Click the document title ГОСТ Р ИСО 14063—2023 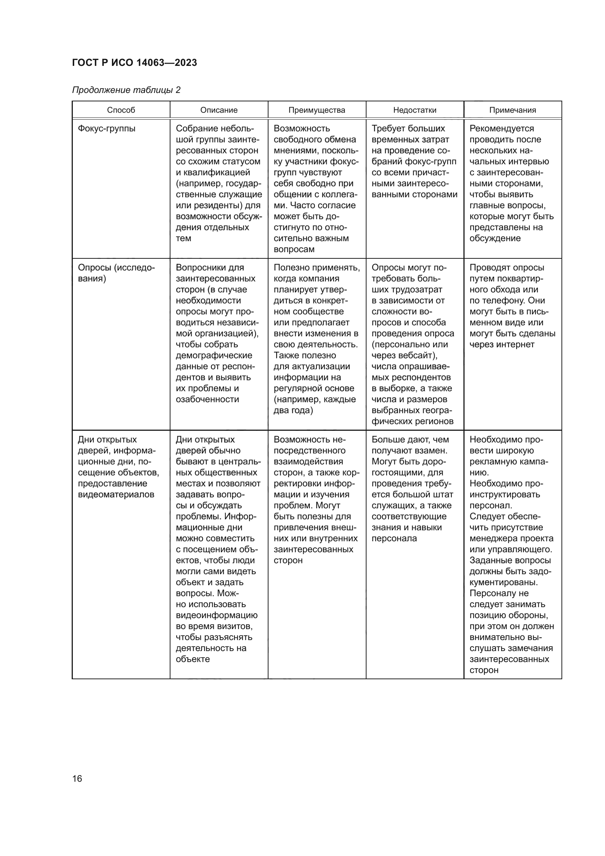click(x=134, y=63)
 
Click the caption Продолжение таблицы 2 click(x=126, y=90)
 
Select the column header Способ click(x=121, y=110)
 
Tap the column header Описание click(x=219, y=110)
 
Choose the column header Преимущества click(x=317, y=110)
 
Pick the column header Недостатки click(x=415, y=110)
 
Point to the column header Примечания click(x=512, y=110)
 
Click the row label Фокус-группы click(x=106, y=128)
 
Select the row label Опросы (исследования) click(x=116, y=273)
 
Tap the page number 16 click(x=77, y=778)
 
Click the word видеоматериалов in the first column click(x=116, y=494)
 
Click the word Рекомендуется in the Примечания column click(x=501, y=128)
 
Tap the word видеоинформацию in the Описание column click(x=217, y=615)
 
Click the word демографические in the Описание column click(x=214, y=355)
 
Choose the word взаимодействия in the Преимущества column click(x=308, y=461)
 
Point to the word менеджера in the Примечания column click(x=491, y=538)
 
